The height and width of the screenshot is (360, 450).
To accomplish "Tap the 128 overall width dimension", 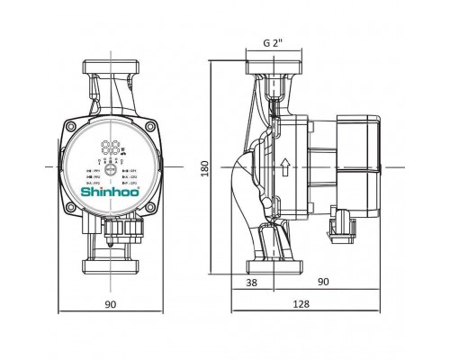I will pyautogui.click(x=301, y=303).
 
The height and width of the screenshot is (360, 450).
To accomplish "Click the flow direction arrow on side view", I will pyautogui.click(x=284, y=167).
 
